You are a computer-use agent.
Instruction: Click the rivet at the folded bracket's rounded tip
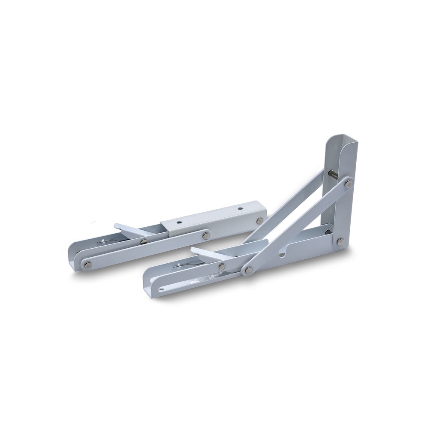point(88,264)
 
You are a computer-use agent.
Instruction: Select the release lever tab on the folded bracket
point(124,228)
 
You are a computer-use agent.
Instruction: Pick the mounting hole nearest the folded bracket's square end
point(240,210)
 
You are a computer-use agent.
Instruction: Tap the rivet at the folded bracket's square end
point(259,221)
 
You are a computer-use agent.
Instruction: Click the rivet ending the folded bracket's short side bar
point(206,235)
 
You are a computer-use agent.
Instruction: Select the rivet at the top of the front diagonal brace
point(348,183)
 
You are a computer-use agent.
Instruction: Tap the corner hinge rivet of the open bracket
point(340,242)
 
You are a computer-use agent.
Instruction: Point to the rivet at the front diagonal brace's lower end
point(248,270)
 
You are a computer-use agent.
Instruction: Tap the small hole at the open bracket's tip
point(161,289)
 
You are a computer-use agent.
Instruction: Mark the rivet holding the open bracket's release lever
point(222,266)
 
